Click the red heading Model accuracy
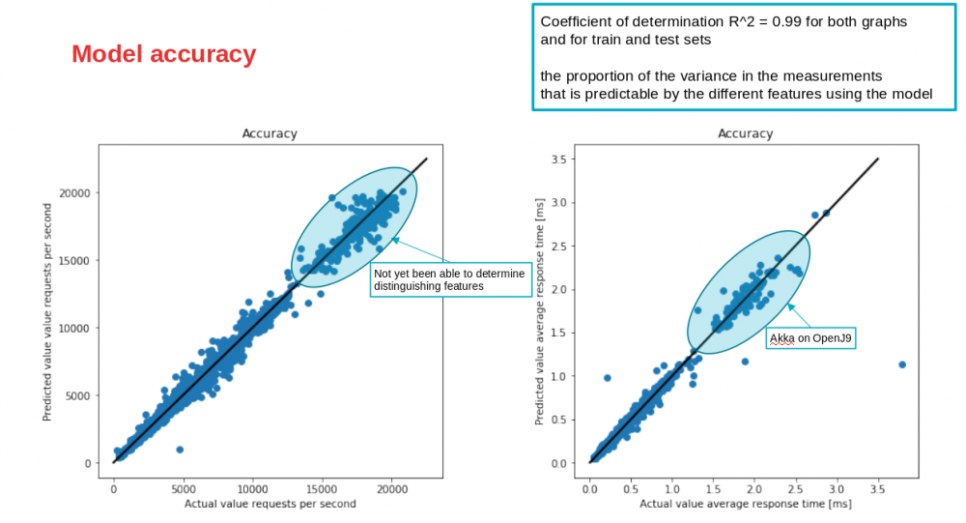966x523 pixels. coord(164,55)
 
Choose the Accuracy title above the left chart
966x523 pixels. coord(270,134)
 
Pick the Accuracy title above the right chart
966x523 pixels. coord(745,134)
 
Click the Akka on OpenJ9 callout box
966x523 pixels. coord(812,337)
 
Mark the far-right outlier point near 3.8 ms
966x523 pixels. coord(901,364)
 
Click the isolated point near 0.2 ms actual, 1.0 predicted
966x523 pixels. coord(608,378)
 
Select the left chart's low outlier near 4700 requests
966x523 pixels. coord(180,450)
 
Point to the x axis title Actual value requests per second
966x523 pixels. coord(270,504)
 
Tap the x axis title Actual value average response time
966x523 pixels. coord(745,504)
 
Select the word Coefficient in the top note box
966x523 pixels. coord(576,21)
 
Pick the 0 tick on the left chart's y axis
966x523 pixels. coord(86,463)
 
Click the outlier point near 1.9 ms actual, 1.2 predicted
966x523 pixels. coord(745,361)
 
